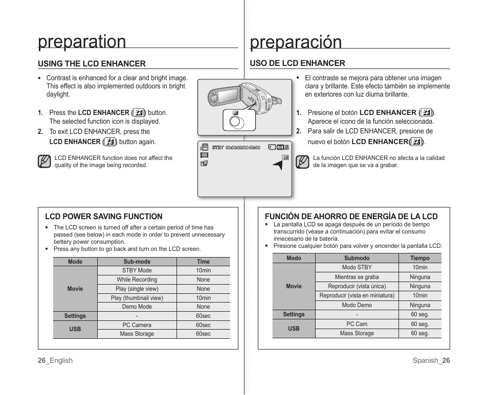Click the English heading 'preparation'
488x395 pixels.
[82, 41]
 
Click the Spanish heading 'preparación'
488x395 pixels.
[296, 42]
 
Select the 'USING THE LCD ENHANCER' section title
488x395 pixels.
[92, 64]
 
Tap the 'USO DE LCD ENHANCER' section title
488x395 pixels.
[297, 63]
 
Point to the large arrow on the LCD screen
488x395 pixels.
[277, 165]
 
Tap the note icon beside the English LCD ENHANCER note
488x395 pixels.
[44, 162]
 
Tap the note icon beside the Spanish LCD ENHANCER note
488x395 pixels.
[303, 162]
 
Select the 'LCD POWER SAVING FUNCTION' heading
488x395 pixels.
[104, 217]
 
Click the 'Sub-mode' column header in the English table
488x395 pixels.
[137, 262]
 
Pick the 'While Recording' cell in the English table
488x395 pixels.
[137, 280]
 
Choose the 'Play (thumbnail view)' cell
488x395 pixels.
[137, 298]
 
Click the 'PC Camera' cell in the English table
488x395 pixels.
[137, 325]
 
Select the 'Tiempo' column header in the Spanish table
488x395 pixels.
[420, 259]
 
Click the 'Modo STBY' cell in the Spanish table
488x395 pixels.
[357, 268]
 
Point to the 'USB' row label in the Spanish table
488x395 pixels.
[294, 329]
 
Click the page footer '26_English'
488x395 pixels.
[55, 361]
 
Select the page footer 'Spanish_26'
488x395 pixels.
[431, 361]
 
